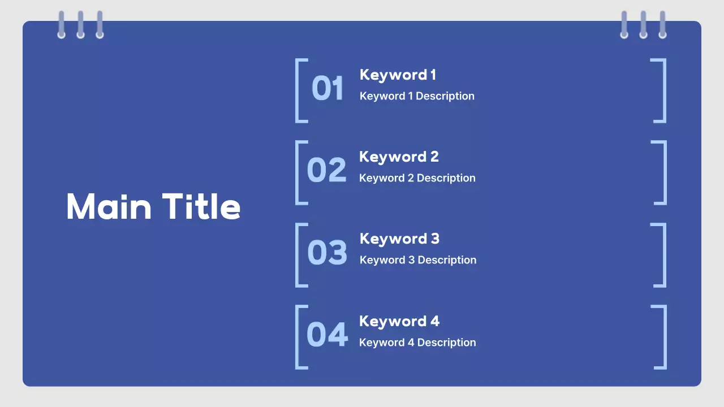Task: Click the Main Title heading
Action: [x=153, y=206]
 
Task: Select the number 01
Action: [x=327, y=89]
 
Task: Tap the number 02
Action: [x=326, y=171]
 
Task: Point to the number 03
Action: [x=327, y=253]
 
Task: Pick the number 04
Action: [x=327, y=335]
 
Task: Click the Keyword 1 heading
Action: [x=398, y=75]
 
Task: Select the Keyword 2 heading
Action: [x=399, y=157]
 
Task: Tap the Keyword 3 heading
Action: [x=399, y=239]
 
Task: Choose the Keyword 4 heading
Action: [x=399, y=321]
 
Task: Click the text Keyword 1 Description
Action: [x=417, y=96]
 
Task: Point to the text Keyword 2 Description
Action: [x=417, y=178]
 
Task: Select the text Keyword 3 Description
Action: [x=418, y=260]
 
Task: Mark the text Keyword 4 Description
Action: [x=417, y=343]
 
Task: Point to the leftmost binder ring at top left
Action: [x=61, y=25]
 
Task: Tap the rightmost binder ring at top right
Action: [x=662, y=25]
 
